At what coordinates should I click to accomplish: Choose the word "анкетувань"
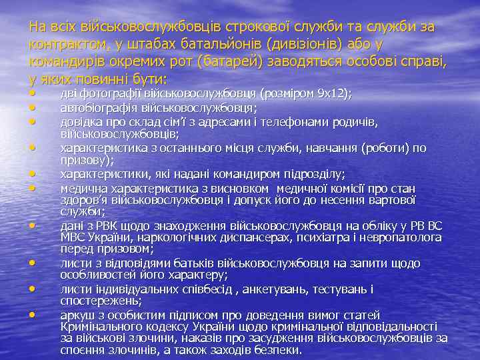(x=271, y=290)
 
